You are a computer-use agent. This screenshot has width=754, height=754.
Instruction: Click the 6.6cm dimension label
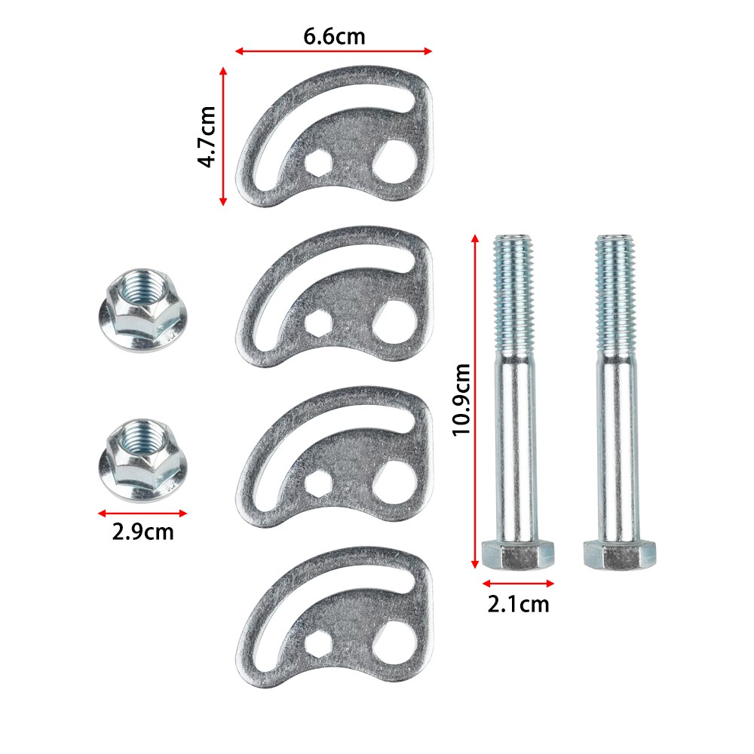333,35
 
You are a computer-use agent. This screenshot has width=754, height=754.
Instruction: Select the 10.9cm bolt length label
461,400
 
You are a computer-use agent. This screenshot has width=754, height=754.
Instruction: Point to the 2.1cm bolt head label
519,603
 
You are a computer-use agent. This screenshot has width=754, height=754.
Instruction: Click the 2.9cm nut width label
143,532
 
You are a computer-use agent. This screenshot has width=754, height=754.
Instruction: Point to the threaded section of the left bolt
516,294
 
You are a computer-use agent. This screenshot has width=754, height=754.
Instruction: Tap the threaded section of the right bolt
618,294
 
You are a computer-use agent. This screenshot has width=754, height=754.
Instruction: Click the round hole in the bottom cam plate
397,637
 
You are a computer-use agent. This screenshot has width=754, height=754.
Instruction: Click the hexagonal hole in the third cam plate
317,483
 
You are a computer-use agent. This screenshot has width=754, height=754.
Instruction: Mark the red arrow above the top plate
333,51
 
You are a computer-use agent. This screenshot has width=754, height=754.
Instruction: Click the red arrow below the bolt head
519,583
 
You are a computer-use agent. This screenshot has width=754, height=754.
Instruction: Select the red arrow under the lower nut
143,513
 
